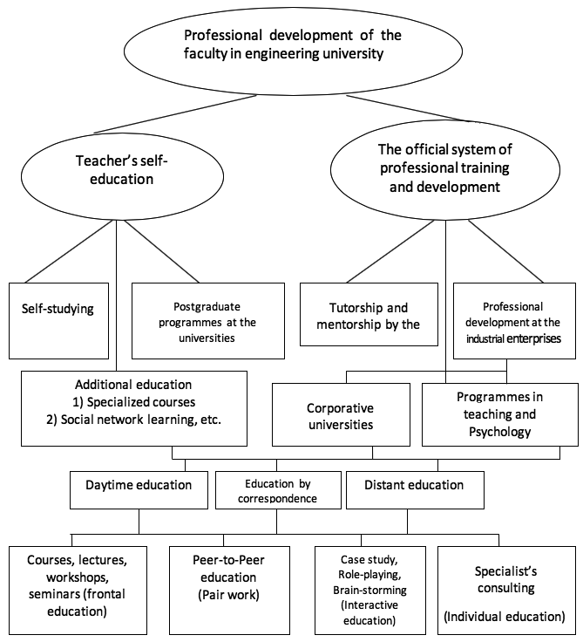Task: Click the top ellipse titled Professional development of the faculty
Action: [293, 51]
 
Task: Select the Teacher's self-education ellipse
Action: [122, 176]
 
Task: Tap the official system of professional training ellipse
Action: [445, 169]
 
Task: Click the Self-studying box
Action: [59, 321]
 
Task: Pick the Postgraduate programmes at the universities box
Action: [208, 321]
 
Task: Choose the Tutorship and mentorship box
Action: [369, 314]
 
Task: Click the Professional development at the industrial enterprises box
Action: [515, 321]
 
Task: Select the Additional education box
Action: [134, 408]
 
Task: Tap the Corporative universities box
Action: [342, 414]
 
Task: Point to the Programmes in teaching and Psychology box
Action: [500, 414]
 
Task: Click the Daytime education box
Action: [139, 490]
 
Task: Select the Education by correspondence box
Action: [278, 490]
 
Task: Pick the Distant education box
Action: [416, 490]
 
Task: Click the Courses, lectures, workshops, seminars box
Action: [78, 591]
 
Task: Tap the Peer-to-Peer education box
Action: [229, 591]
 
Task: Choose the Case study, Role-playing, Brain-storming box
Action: [370, 591]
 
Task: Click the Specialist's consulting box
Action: [507, 591]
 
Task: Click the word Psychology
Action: [500, 432]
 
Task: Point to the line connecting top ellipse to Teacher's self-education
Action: [175, 113]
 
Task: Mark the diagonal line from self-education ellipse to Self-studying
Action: [68, 251]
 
